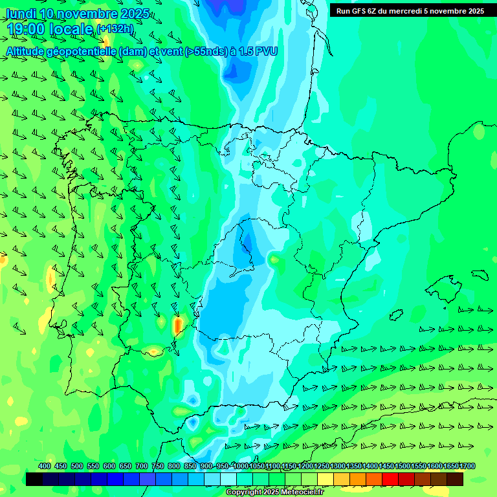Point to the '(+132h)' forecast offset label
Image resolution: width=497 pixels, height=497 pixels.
[115, 29]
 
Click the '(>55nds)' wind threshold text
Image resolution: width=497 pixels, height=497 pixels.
[205, 51]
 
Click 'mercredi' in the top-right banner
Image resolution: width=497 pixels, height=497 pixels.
[419, 11]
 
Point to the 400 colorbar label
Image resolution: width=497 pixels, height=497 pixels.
[45, 467]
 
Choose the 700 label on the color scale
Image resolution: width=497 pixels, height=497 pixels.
[142, 467]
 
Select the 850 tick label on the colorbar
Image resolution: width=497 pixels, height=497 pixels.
[190, 467]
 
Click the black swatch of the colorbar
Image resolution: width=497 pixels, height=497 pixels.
[34, 479]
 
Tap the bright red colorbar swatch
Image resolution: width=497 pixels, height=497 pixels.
[390, 479]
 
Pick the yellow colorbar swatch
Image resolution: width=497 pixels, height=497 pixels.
[326, 479]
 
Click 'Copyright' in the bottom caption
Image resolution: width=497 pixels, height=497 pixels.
[245, 492]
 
